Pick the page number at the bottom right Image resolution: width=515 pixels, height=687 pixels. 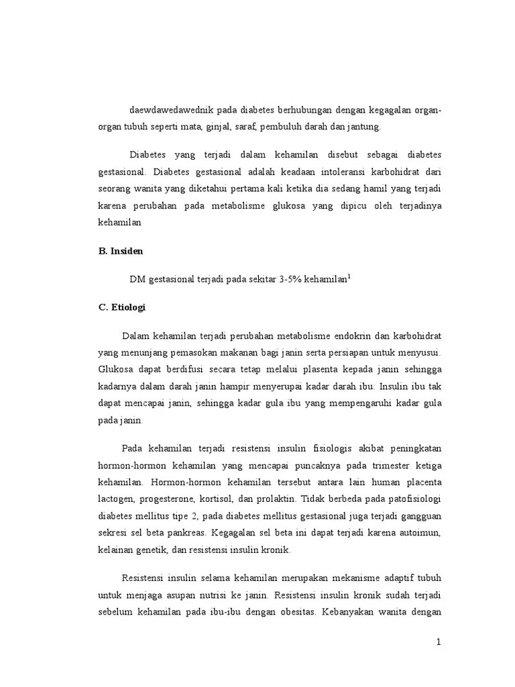pyautogui.click(x=439, y=641)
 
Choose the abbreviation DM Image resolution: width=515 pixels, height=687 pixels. pyautogui.click(x=137, y=279)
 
